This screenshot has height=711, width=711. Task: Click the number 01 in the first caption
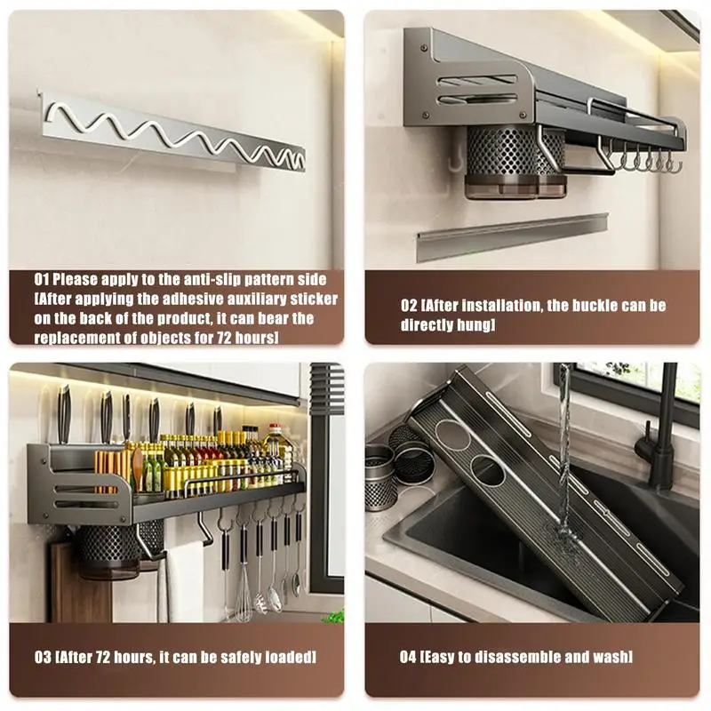click(x=41, y=279)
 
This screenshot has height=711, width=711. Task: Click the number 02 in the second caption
click(x=409, y=306)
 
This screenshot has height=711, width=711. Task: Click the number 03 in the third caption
click(x=43, y=657)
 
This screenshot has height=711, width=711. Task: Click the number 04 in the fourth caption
click(x=408, y=657)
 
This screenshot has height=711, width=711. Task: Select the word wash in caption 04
click(x=611, y=657)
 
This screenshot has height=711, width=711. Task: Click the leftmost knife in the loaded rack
click(x=64, y=415)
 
